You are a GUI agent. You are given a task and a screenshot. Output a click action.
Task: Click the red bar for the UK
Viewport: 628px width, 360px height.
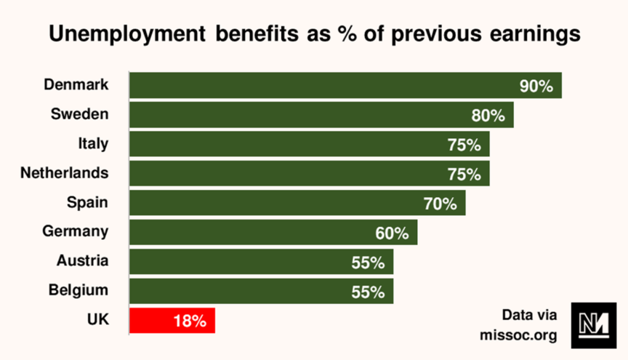(x=172, y=320)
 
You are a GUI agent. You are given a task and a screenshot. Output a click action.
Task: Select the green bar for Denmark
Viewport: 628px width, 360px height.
(x=345, y=85)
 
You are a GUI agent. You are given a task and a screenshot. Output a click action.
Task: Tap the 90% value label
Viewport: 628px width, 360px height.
(x=536, y=86)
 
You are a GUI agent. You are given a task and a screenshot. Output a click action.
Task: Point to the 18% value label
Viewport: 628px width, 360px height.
(x=190, y=320)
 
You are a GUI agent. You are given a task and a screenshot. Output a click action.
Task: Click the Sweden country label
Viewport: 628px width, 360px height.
(x=79, y=114)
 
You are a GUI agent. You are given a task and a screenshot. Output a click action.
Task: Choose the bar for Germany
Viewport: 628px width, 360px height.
(x=273, y=232)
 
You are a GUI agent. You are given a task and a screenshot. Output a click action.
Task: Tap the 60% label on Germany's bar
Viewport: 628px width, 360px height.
(x=392, y=233)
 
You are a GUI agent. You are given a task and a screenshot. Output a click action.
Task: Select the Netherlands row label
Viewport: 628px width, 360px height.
(x=65, y=173)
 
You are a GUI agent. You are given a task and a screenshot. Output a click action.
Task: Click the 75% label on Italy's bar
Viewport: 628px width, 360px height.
(x=464, y=145)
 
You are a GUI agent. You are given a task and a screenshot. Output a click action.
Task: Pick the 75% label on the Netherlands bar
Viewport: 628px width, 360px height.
(x=464, y=175)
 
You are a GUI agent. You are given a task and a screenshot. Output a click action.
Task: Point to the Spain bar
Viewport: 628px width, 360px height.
(x=297, y=203)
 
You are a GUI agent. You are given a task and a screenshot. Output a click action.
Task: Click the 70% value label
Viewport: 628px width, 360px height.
(x=440, y=204)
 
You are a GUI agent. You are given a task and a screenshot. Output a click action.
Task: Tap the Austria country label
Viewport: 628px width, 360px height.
(x=82, y=260)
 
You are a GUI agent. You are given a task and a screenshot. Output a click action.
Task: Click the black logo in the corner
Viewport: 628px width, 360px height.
(x=594, y=324)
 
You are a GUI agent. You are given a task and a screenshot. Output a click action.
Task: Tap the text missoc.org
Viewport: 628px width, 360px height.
(x=518, y=335)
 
